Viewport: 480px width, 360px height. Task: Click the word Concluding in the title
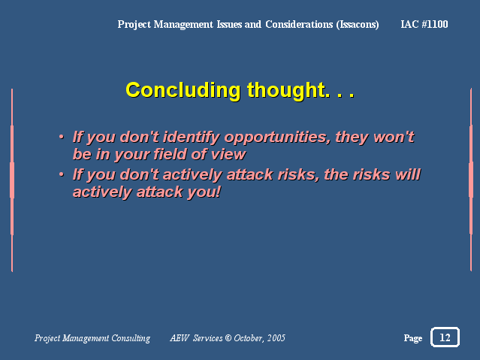(x=183, y=91)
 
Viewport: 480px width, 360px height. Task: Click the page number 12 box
(x=445, y=337)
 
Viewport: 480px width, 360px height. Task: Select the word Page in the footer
(x=413, y=338)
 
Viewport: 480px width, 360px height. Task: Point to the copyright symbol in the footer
(x=228, y=337)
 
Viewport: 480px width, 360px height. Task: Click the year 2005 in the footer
(x=276, y=338)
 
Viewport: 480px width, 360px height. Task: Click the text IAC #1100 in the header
(x=424, y=24)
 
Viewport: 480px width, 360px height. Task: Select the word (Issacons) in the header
(x=358, y=25)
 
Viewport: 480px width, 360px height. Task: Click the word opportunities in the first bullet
(x=277, y=138)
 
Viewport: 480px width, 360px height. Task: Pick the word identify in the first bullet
(x=192, y=138)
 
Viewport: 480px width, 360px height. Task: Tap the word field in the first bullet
(x=170, y=154)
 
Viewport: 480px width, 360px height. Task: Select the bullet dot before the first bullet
(x=62, y=137)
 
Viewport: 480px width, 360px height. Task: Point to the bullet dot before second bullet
(x=62, y=174)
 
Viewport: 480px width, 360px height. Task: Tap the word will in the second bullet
(x=408, y=174)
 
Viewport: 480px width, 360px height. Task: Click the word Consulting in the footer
(x=131, y=338)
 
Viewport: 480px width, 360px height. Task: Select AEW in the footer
(x=180, y=338)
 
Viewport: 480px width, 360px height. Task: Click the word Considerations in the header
(x=299, y=24)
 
